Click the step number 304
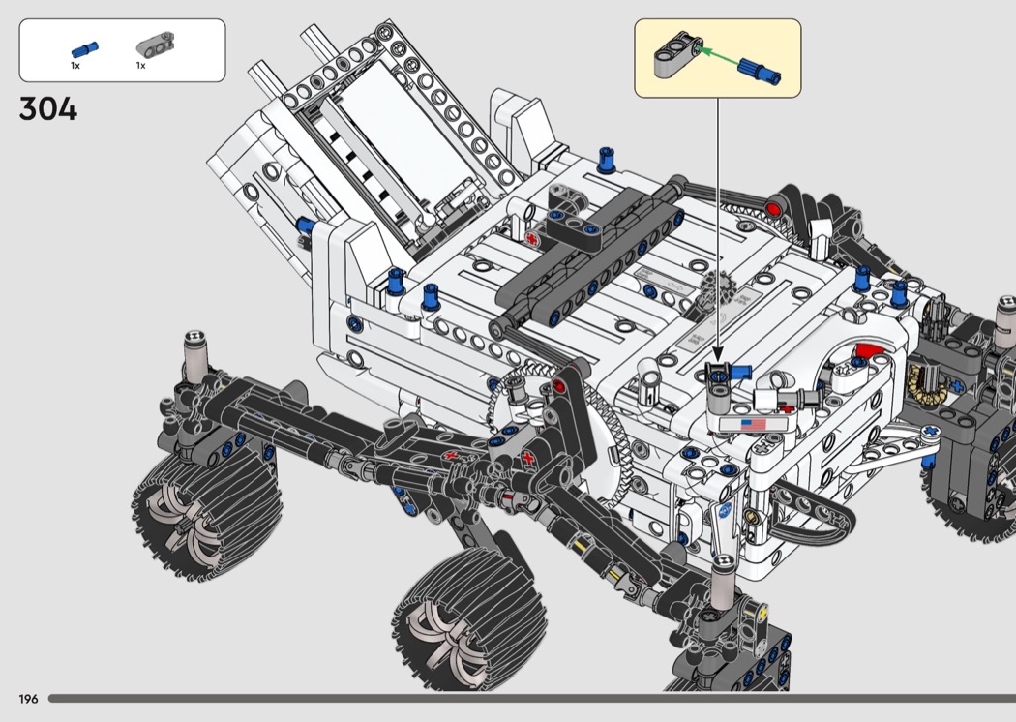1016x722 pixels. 48,109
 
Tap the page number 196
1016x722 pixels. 28,699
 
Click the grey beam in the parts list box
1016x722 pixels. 155,45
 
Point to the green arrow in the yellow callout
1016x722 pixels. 720,56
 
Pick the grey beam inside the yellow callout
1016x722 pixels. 677,55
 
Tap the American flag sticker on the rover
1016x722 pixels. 752,425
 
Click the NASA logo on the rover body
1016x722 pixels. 725,510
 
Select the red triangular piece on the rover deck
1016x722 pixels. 869,353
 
